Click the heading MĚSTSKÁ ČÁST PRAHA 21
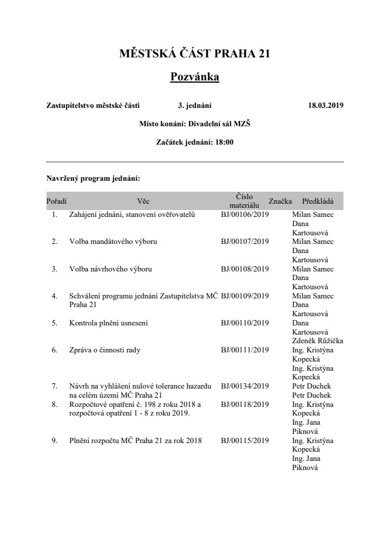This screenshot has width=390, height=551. (x=195, y=54)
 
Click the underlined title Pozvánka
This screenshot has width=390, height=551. (x=195, y=76)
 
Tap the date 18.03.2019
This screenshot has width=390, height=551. (x=326, y=106)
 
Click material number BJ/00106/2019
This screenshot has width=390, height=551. (x=245, y=215)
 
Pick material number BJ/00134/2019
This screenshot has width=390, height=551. (x=245, y=386)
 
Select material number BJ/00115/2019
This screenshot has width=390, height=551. (x=245, y=441)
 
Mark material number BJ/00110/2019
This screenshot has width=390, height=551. (x=245, y=323)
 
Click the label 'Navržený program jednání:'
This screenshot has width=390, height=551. (x=89, y=179)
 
